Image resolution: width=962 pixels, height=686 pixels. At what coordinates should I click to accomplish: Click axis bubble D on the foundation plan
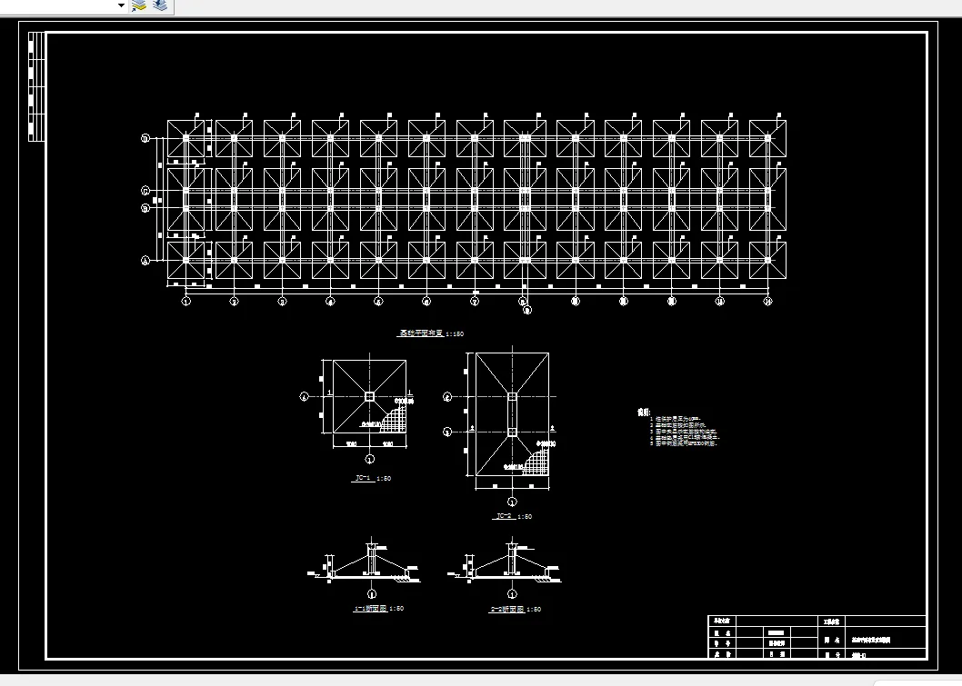coord(145,139)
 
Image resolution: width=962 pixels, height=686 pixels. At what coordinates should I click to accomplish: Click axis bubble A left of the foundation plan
coord(145,261)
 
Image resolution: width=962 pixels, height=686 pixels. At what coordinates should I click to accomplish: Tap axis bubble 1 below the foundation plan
coord(185,301)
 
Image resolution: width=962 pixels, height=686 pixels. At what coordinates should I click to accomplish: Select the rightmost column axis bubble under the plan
coord(767,301)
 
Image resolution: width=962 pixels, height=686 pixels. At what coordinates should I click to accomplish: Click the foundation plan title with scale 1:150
coord(432,334)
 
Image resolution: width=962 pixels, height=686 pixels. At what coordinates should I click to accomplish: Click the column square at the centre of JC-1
coord(369,396)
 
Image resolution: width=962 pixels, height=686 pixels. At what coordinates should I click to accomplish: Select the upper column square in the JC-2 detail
coord(512,397)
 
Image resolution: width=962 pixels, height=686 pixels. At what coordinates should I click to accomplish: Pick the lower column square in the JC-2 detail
coord(512,432)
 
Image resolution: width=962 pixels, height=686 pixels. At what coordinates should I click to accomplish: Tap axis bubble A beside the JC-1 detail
coord(305,396)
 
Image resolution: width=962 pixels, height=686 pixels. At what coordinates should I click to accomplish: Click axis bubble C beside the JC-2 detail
coord(446,397)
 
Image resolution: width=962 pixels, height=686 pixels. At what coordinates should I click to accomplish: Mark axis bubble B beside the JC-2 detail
coord(446,432)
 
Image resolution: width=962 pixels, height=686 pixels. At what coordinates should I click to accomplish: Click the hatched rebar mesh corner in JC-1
coord(394,421)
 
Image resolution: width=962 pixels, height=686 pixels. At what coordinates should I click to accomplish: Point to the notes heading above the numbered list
coord(644,412)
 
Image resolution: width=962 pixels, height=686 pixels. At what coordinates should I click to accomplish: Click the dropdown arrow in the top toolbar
coord(121,5)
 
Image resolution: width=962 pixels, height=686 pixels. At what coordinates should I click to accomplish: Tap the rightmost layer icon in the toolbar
coord(160,5)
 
